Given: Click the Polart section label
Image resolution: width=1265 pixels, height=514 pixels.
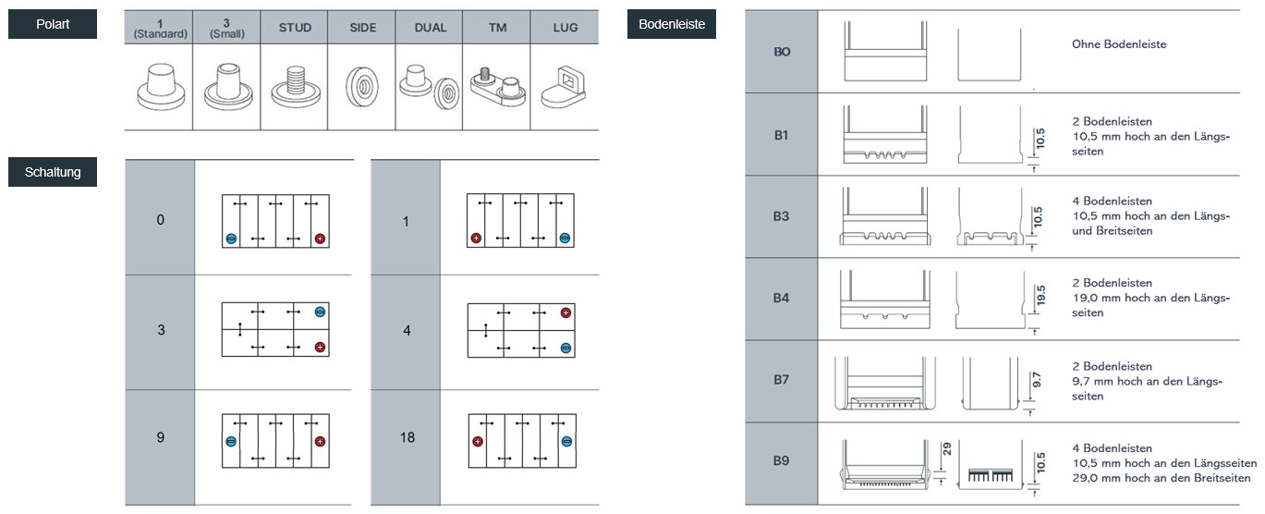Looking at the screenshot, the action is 53,24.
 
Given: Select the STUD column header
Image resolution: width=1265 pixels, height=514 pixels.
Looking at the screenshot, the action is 295,28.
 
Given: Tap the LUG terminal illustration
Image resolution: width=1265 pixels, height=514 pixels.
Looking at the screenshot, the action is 564,88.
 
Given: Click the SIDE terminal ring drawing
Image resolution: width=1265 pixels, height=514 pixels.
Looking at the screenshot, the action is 362,87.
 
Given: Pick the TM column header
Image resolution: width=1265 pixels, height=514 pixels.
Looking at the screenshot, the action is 497,28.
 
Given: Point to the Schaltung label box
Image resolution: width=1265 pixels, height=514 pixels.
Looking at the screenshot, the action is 53,172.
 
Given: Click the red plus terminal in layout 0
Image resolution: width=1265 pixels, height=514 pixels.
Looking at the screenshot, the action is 321,239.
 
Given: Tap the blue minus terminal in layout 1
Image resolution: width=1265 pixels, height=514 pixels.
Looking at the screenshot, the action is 565,239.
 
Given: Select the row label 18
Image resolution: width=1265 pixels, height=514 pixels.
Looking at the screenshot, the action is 407,437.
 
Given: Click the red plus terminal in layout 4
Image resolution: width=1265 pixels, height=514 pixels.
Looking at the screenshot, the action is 566,312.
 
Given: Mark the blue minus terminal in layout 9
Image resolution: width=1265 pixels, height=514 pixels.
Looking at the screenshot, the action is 231,442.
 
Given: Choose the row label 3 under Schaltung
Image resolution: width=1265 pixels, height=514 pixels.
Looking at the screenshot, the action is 161,330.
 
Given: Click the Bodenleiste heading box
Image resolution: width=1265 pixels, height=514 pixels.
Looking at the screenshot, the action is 672,24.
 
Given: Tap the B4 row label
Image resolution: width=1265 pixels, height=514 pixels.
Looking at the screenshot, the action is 781,299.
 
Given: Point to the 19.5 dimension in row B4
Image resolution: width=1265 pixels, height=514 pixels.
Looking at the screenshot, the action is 1040,296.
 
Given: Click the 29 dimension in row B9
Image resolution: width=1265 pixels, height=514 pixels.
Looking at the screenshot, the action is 946,449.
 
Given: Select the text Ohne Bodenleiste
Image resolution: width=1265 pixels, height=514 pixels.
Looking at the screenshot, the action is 1119,44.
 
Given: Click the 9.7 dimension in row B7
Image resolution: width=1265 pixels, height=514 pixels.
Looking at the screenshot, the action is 1036,380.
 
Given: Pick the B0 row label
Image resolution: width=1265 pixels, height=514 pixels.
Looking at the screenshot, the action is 782,52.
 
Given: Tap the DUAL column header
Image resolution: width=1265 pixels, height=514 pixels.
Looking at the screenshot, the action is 431,28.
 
